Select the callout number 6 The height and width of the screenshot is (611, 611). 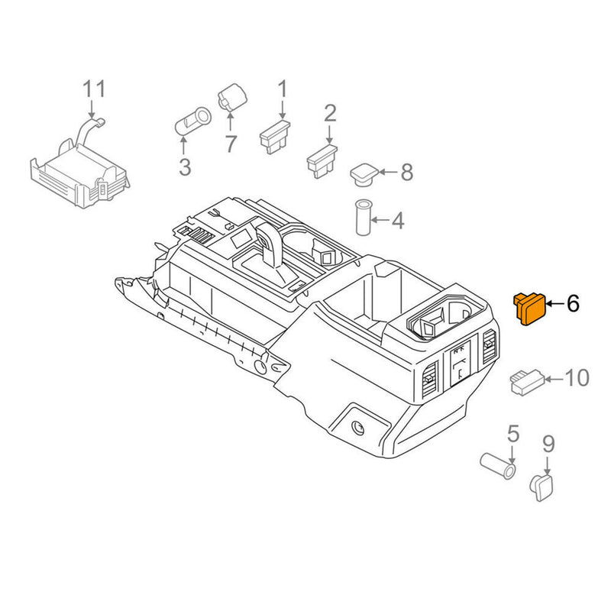(x=573, y=304)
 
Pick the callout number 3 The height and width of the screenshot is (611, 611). (x=184, y=167)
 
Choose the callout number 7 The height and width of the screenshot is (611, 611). (x=231, y=142)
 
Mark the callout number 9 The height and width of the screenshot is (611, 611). (x=548, y=443)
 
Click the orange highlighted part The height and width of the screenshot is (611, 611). (x=529, y=308)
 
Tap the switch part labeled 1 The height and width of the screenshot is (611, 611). (x=275, y=137)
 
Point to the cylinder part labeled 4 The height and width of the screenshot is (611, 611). (x=362, y=219)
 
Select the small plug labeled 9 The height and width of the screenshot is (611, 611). (x=543, y=486)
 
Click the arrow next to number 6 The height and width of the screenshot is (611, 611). (x=555, y=305)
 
